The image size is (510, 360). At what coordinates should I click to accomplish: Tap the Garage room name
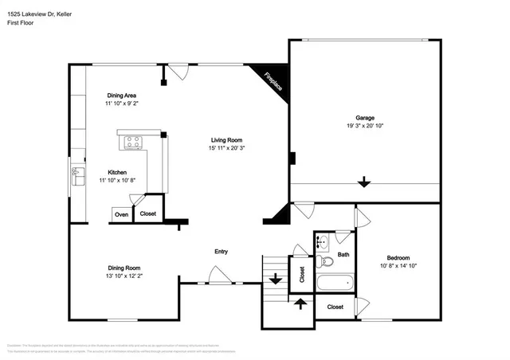[x=365, y=118]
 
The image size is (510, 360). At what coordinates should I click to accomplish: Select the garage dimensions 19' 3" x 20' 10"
[x=365, y=126]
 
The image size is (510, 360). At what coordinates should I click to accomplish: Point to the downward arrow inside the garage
[x=364, y=182]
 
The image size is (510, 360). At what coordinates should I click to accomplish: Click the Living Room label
[x=226, y=139]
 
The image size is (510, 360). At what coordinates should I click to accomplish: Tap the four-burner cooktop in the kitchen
[x=131, y=143]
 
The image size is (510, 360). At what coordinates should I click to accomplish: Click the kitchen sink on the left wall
[x=77, y=173]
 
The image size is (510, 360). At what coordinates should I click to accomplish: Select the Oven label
[x=121, y=214]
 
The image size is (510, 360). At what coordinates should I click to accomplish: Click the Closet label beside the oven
[x=148, y=213]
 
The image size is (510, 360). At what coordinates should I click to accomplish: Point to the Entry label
[x=221, y=252]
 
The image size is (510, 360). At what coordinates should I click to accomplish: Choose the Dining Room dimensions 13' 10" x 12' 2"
[x=124, y=276]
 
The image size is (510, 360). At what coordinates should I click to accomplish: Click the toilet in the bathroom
[x=324, y=260]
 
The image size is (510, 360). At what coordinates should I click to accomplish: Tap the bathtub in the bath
[x=334, y=282]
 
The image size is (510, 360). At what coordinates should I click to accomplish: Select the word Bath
[x=343, y=255]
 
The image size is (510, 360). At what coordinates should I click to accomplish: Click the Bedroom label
[x=398, y=258]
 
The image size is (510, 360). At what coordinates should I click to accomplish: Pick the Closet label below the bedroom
[x=335, y=306]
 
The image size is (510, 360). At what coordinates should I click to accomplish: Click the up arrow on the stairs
[x=300, y=303]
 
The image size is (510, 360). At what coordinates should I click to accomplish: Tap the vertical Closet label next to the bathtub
[x=302, y=275]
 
